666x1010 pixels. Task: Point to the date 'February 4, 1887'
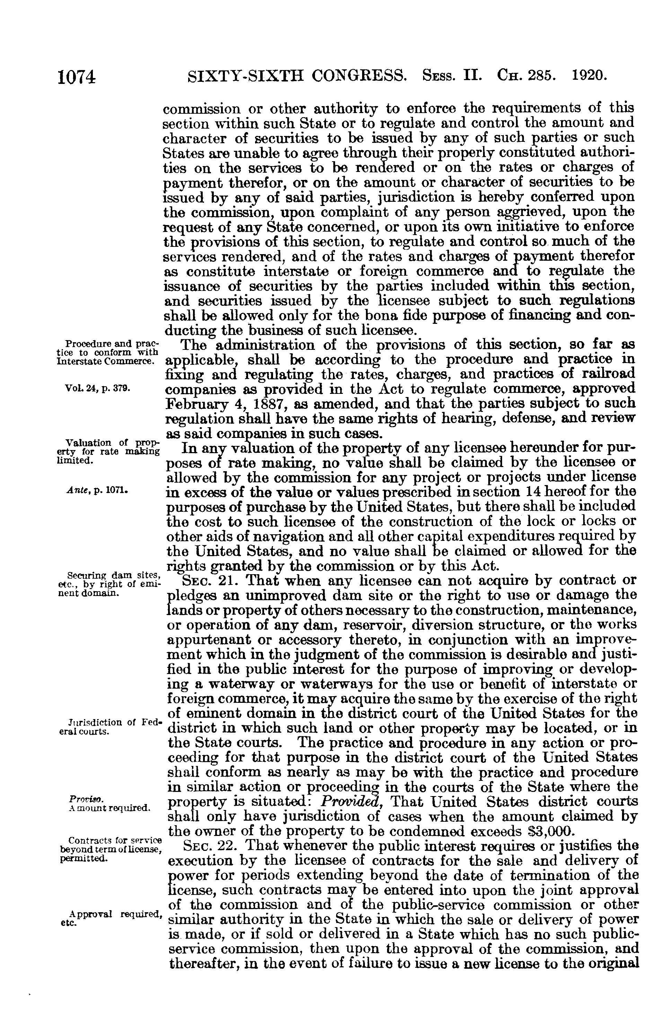[220, 403]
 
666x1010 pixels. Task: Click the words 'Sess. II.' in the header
[452, 76]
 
